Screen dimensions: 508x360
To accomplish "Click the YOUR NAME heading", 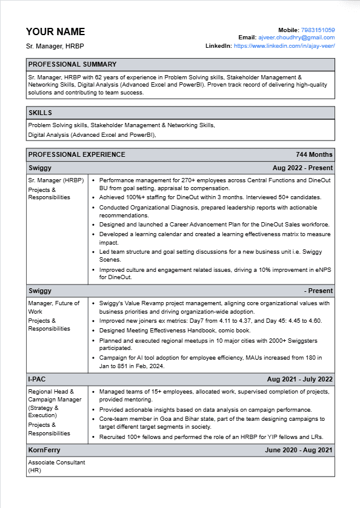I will click(x=55, y=31).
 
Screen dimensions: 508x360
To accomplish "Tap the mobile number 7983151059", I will click(x=318, y=30).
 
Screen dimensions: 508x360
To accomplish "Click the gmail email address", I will click(x=296, y=38).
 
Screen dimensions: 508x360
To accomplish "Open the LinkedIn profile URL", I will click(x=284, y=45).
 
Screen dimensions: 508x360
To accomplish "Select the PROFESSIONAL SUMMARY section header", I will click(x=72, y=64).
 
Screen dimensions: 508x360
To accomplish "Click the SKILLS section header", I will click(x=40, y=113).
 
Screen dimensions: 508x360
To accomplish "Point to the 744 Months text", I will click(x=314, y=154).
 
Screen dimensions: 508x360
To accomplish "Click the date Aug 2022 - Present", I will click(x=302, y=168).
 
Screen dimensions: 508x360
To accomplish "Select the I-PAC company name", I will click(x=38, y=379).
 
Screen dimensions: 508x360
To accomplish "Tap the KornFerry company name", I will click(x=44, y=450).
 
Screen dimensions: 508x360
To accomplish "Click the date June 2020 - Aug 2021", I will click(x=299, y=450).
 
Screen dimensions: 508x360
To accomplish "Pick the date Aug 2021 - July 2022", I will click(x=299, y=379).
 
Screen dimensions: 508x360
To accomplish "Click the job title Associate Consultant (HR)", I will click(x=56, y=466).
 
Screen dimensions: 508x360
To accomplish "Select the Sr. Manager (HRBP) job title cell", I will click(x=56, y=180).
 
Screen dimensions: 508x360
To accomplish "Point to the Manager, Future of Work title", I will click(x=53, y=307).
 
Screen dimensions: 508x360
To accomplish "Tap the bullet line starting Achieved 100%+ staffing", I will click(x=210, y=197).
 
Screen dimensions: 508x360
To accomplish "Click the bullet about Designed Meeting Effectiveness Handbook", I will click(x=175, y=331).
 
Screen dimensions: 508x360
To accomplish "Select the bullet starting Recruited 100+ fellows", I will click(x=211, y=437).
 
